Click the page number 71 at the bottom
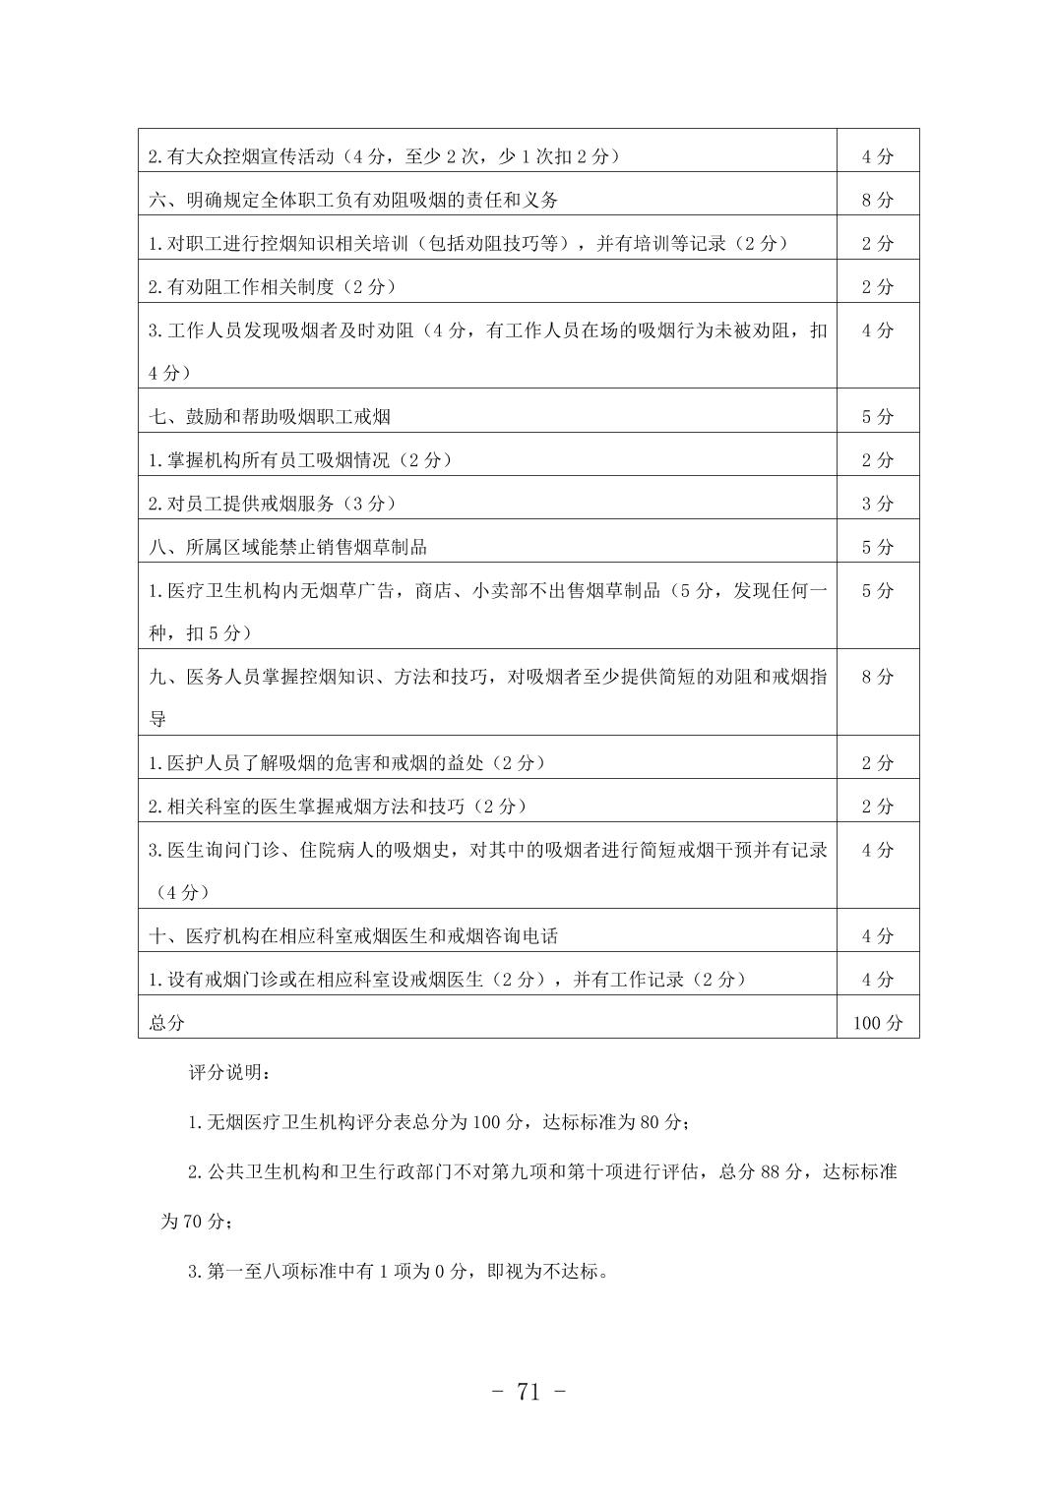tap(528, 1392)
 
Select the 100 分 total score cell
tap(877, 1023)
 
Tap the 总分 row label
tap(167, 1023)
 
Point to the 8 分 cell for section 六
tap(877, 201)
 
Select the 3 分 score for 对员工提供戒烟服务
tap(877, 504)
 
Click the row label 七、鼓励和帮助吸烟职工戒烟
tap(270, 417)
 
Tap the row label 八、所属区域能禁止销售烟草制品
tap(288, 547)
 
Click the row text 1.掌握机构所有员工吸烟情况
tap(300, 460)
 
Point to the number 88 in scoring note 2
tap(771, 1172)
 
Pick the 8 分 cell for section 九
tap(877, 677)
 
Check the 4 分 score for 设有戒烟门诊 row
tap(877, 980)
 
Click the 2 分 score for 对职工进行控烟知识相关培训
tap(877, 244)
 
